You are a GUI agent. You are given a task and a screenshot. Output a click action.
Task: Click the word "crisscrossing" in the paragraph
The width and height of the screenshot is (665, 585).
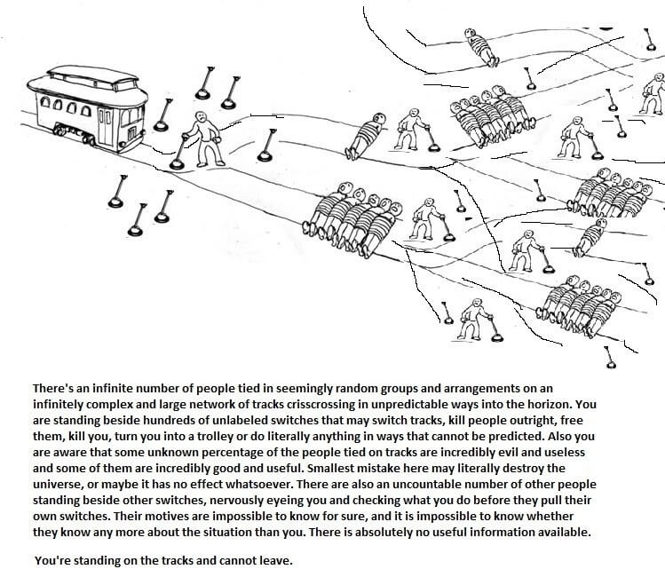(285, 403)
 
